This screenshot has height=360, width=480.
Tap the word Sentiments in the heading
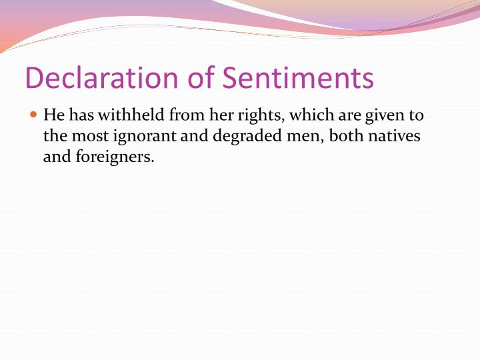[x=298, y=77]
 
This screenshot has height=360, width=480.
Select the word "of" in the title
[x=201, y=77]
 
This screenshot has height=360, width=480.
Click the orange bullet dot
[x=34, y=115]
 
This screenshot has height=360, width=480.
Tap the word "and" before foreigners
[x=55, y=157]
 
